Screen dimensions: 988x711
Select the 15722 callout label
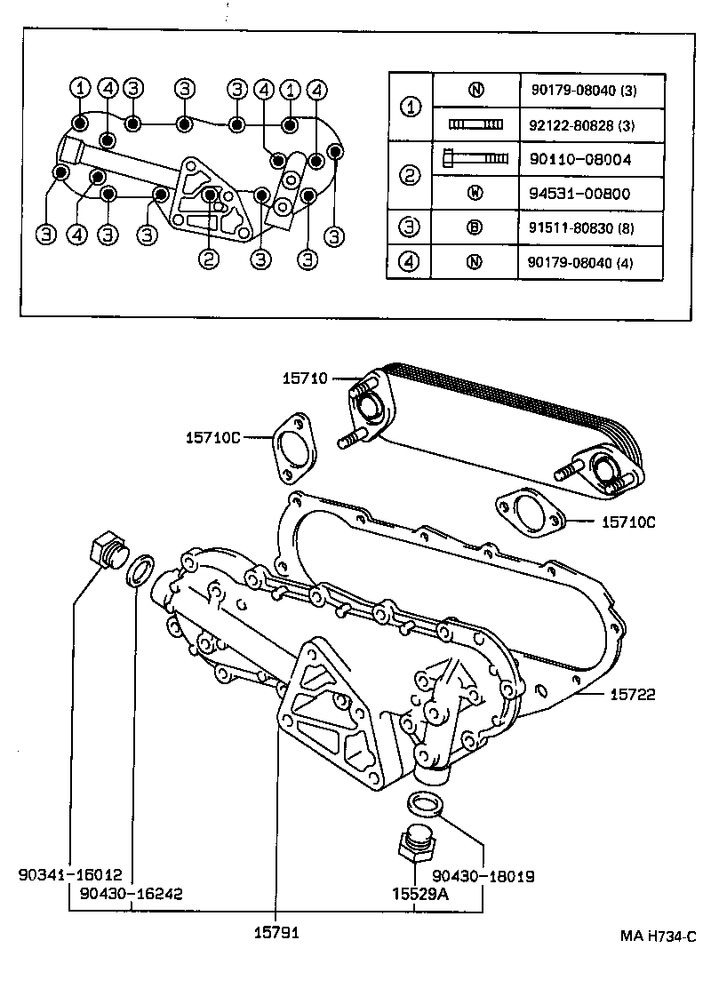click(633, 695)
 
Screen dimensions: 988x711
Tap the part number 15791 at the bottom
click(276, 934)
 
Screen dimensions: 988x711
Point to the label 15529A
click(416, 894)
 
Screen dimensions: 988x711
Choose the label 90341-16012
click(69, 875)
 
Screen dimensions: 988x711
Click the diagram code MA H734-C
click(658, 936)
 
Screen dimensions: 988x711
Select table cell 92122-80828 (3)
click(582, 124)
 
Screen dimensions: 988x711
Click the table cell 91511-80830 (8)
click(582, 227)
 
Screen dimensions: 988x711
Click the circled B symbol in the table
click(475, 227)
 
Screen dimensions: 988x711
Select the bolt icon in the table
click(475, 159)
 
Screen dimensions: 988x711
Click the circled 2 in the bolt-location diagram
click(208, 259)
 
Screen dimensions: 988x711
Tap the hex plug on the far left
click(107, 551)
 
